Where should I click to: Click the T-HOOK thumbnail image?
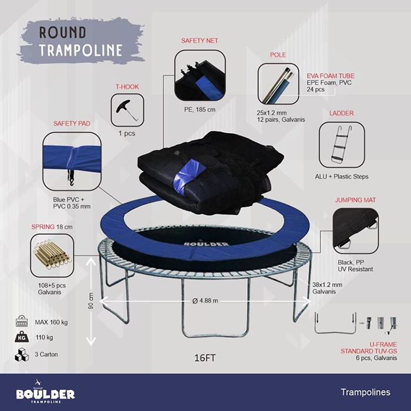tap(127, 110)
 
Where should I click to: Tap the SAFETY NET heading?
tap(200, 41)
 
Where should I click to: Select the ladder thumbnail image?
tap(338, 144)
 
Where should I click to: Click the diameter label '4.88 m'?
tap(205, 301)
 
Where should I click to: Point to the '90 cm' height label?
tap(91, 302)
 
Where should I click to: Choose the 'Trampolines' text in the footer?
tap(365, 392)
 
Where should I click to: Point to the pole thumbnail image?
tap(279, 83)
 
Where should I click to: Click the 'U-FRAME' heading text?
tap(383, 344)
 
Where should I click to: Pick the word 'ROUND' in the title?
tap(63, 33)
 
